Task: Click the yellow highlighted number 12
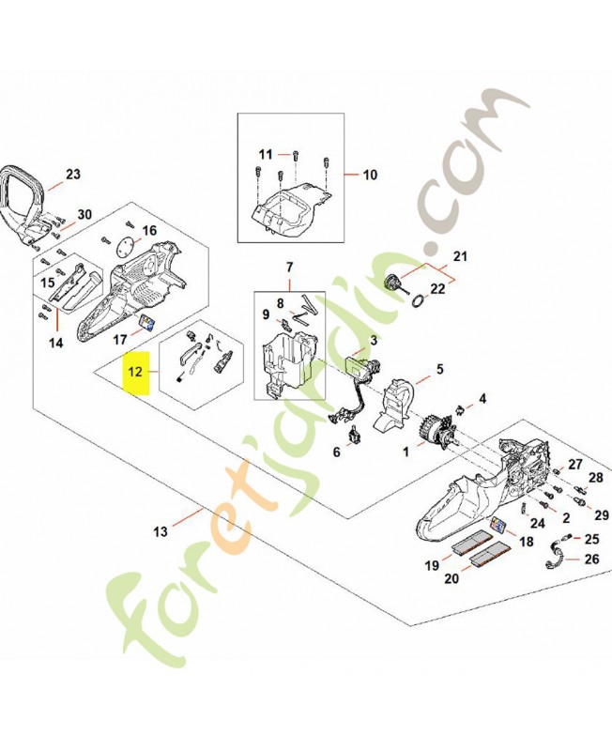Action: coord(135,372)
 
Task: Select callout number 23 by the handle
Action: coord(73,174)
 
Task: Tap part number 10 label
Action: coord(369,175)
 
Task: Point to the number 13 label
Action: coord(161,531)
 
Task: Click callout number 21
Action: coord(460,255)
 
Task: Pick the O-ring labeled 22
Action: coord(420,299)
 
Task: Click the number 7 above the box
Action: coord(289,268)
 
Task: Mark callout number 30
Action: coord(84,214)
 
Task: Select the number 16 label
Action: coord(149,230)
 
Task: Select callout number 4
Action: coord(482,399)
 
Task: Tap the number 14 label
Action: coord(55,343)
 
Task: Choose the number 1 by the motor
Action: coord(405,452)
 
